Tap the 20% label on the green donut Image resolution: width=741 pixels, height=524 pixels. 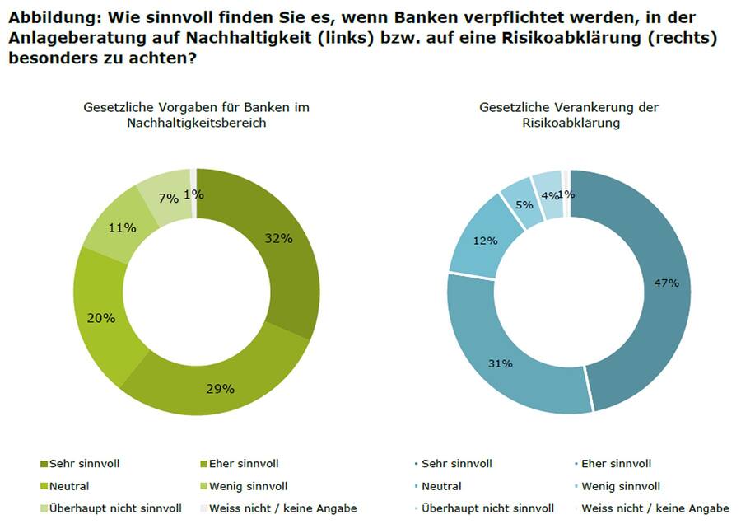[x=102, y=317]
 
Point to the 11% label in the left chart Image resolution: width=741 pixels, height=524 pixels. [x=122, y=227]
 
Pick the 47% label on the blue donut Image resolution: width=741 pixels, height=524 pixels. [x=666, y=283]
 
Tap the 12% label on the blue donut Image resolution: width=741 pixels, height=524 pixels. [x=486, y=241]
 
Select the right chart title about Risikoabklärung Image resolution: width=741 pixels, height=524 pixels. [x=570, y=115]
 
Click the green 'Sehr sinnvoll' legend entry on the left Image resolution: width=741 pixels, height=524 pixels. [x=86, y=463]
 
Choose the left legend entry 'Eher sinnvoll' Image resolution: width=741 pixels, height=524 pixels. [x=244, y=463]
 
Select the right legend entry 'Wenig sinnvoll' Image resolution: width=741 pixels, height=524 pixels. [x=621, y=486]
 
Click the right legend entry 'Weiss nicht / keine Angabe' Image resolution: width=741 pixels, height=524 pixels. [x=655, y=508]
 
